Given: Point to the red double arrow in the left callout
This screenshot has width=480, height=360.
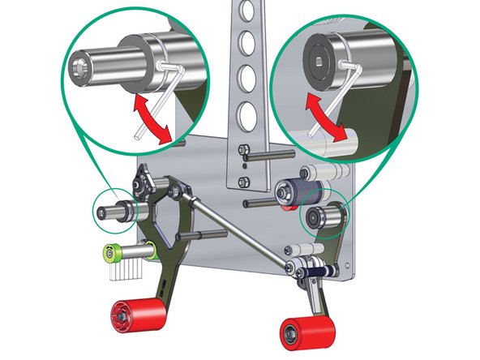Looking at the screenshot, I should click(x=153, y=119).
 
